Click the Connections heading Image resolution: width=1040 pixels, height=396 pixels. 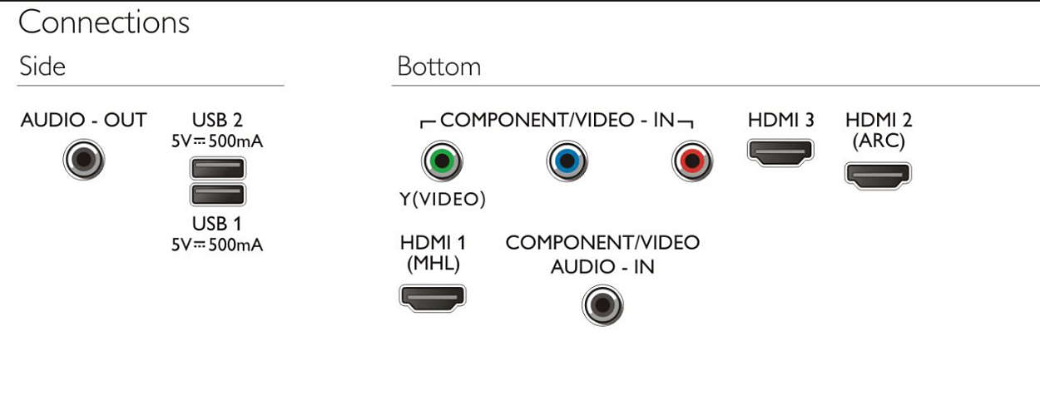pyautogui.click(x=104, y=22)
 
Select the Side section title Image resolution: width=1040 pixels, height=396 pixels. pyautogui.click(x=42, y=67)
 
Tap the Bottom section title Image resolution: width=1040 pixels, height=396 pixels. pyautogui.click(x=439, y=67)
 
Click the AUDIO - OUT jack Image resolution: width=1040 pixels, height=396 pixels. pyautogui.click(x=84, y=160)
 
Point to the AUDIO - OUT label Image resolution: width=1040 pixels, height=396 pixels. pyautogui.click(x=83, y=121)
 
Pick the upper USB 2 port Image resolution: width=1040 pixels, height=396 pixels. pyautogui.click(x=218, y=168)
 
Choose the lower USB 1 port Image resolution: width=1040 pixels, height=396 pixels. pyautogui.click(x=218, y=195)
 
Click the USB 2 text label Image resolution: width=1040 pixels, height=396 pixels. pyautogui.click(x=217, y=121)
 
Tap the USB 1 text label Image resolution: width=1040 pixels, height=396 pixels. pyautogui.click(x=217, y=224)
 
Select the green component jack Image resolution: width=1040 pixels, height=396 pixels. pyautogui.click(x=442, y=161)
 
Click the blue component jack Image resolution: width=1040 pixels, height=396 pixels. pyautogui.click(x=567, y=161)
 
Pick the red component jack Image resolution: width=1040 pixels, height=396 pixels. pyautogui.click(x=692, y=161)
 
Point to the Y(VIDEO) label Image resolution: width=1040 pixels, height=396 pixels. pyautogui.click(x=443, y=199)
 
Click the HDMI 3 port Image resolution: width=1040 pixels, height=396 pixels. pyautogui.click(x=781, y=152)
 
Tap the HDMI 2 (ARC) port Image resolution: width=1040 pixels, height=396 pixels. pyautogui.click(x=878, y=175)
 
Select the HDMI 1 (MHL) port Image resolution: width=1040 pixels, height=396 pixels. pyautogui.click(x=433, y=297)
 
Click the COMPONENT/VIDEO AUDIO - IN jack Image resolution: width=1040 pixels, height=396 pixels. pyautogui.click(x=602, y=305)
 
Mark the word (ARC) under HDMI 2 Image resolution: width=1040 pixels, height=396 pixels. pyautogui.click(x=879, y=141)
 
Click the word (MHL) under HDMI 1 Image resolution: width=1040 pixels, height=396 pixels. pyautogui.click(x=433, y=264)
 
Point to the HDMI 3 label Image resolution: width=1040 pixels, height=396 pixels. pyautogui.click(x=781, y=121)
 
